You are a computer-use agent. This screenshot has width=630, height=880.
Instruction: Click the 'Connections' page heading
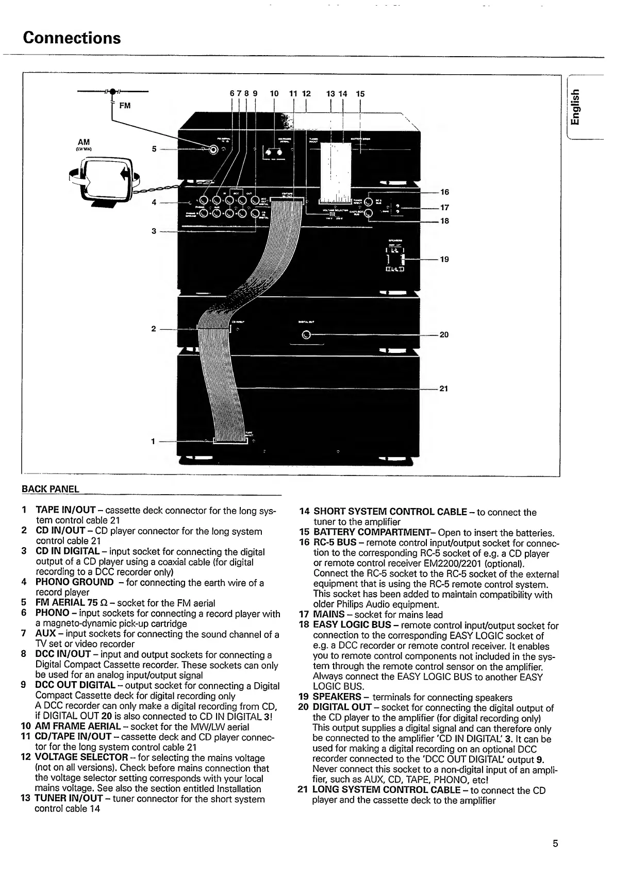click(72, 38)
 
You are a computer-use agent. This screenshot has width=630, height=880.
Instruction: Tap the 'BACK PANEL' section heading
click(51, 489)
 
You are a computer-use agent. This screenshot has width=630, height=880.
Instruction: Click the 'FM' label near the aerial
click(125, 106)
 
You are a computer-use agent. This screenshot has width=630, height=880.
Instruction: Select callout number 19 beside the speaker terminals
click(444, 259)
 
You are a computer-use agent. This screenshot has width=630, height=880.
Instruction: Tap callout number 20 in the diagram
click(444, 335)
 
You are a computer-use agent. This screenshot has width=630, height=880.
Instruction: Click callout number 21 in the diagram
click(444, 388)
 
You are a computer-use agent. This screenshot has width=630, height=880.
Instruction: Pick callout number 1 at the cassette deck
click(153, 441)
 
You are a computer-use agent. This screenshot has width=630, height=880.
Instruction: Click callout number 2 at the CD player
click(154, 328)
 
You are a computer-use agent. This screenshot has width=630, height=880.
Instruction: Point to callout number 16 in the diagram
click(444, 192)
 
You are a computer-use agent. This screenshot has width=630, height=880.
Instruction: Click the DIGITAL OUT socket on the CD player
click(306, 335)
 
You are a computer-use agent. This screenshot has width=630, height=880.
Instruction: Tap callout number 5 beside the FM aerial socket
click(154, 149)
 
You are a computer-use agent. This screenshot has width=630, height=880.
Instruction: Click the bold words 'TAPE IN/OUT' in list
click(65, 511)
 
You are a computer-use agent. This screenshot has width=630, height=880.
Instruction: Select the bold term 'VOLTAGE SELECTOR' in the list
click(81, 758)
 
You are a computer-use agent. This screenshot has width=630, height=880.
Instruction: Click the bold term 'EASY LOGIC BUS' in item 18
click(352, 625)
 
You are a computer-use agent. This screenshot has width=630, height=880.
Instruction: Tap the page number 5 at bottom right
click(555, 843)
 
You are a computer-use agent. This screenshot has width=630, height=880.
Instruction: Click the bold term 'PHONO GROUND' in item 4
click(74, 582)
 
